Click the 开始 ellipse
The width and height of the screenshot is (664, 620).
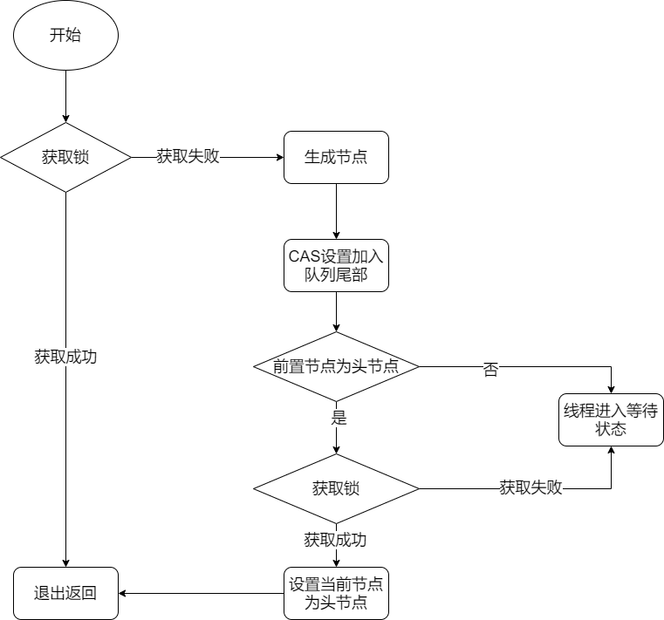click(x=65, y=37)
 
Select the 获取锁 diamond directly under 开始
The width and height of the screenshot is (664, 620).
click(x=65, y=158)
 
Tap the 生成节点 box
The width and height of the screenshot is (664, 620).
click(x=336, y=158)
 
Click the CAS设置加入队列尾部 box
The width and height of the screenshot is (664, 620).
click(x=336, y=264)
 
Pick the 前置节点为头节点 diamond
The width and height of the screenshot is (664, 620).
click(x=336, y=366)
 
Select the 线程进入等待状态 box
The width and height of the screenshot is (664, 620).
click(x=611, y=420)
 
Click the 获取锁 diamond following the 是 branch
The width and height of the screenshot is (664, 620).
click(x=336, y=488)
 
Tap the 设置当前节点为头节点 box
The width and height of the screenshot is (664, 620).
click(x=336, y=593)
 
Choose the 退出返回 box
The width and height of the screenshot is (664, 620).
click(x=65, y=593)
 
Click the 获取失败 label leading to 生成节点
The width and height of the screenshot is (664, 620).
click(x=188, y=157)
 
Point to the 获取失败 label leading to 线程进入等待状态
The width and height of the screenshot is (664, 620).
click(x=531, y=488)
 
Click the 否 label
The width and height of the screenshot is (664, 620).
click(x=490, y=369)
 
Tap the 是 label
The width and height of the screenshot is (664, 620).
click(x=339, y=418)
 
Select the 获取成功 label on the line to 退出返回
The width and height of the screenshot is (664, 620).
click(x=65, y=357)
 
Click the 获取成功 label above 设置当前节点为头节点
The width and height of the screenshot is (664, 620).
click(x=335, y=540)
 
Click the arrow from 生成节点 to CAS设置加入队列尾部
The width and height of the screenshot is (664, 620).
click(x=336, y=210)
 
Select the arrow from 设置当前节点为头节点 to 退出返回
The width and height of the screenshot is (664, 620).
click(x=201, y=593)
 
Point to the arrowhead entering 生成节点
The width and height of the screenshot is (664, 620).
click(x=279, y=158)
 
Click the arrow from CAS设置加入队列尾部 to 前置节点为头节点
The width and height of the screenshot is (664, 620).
click(x=336, y=311)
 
